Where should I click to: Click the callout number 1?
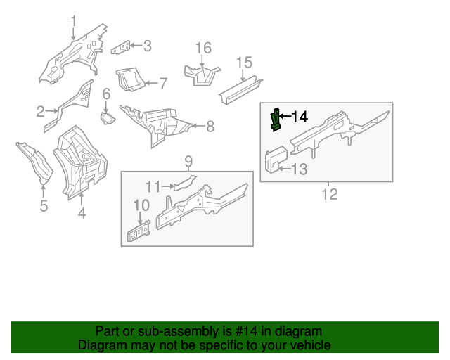click(x=73, y=21)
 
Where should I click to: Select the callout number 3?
click(x=147, y=46)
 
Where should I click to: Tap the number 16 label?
click(x=203, y=48)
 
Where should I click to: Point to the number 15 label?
click(x=243, y=63)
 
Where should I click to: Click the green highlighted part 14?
click(x=276, y=120)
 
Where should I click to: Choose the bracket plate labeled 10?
click(x=139, y=232)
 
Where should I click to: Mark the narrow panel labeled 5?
click(x=35, y=162)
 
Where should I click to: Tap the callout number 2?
click(x=40, y=111)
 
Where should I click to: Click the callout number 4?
click(x=82, y=213)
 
